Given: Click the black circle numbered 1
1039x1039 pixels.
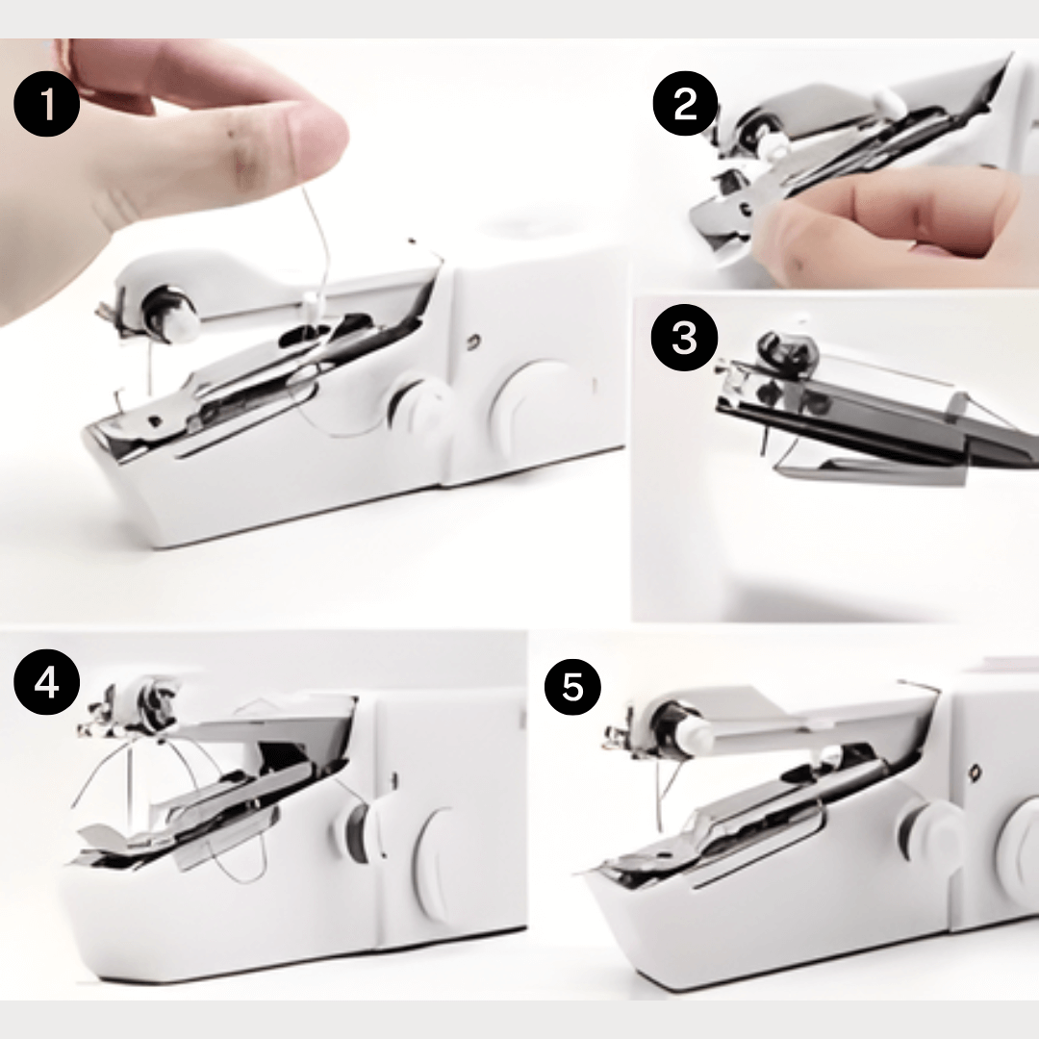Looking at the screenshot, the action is coord(46,104).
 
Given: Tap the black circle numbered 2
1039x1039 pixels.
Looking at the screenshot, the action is coord(685,103).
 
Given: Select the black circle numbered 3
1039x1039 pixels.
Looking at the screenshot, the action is coord(685,338).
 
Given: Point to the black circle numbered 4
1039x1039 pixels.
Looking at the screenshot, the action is coord(46,681).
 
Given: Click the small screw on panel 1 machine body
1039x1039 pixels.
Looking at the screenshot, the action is coord(473,342).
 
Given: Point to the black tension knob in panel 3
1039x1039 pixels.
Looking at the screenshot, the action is coord(785,348).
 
